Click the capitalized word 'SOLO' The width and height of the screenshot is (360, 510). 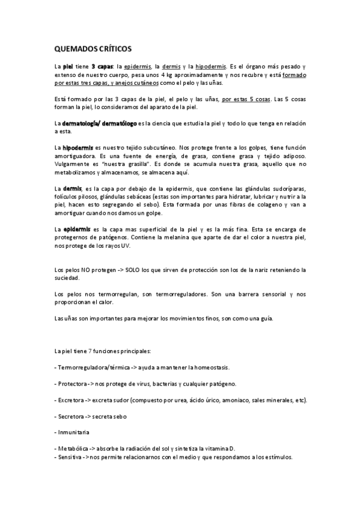[135, 270]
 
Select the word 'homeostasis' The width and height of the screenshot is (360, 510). [209, 367]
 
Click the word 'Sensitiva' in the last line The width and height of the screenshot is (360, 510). [70, 456]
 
